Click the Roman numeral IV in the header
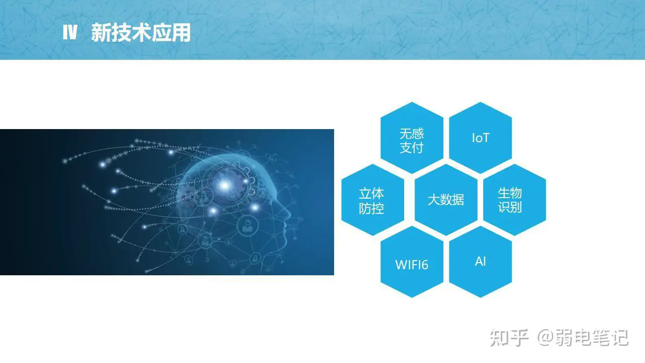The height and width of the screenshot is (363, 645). point(70,32)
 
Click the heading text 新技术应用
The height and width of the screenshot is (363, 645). point(141,33)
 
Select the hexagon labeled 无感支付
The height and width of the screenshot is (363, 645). point(412,138)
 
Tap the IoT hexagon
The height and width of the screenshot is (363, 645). point(480,138)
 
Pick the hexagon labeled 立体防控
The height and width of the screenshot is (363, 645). point(372,200)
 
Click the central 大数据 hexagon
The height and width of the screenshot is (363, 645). point(446,200)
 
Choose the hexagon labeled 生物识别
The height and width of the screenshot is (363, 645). point(514,200)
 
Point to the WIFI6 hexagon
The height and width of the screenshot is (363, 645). point(412,262)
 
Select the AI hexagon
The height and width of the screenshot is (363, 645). point(480,262)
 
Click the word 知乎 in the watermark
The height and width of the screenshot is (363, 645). point(509,337)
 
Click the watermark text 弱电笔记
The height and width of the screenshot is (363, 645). point(592,337)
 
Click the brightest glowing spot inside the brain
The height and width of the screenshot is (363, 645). point(224,185)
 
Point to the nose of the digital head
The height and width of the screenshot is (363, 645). point(289,213)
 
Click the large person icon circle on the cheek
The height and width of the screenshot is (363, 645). point(247,225)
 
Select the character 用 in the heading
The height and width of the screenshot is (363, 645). point(181,33)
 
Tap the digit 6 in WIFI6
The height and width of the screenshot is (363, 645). point(424,265)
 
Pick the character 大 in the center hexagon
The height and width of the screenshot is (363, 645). point(434,200)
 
